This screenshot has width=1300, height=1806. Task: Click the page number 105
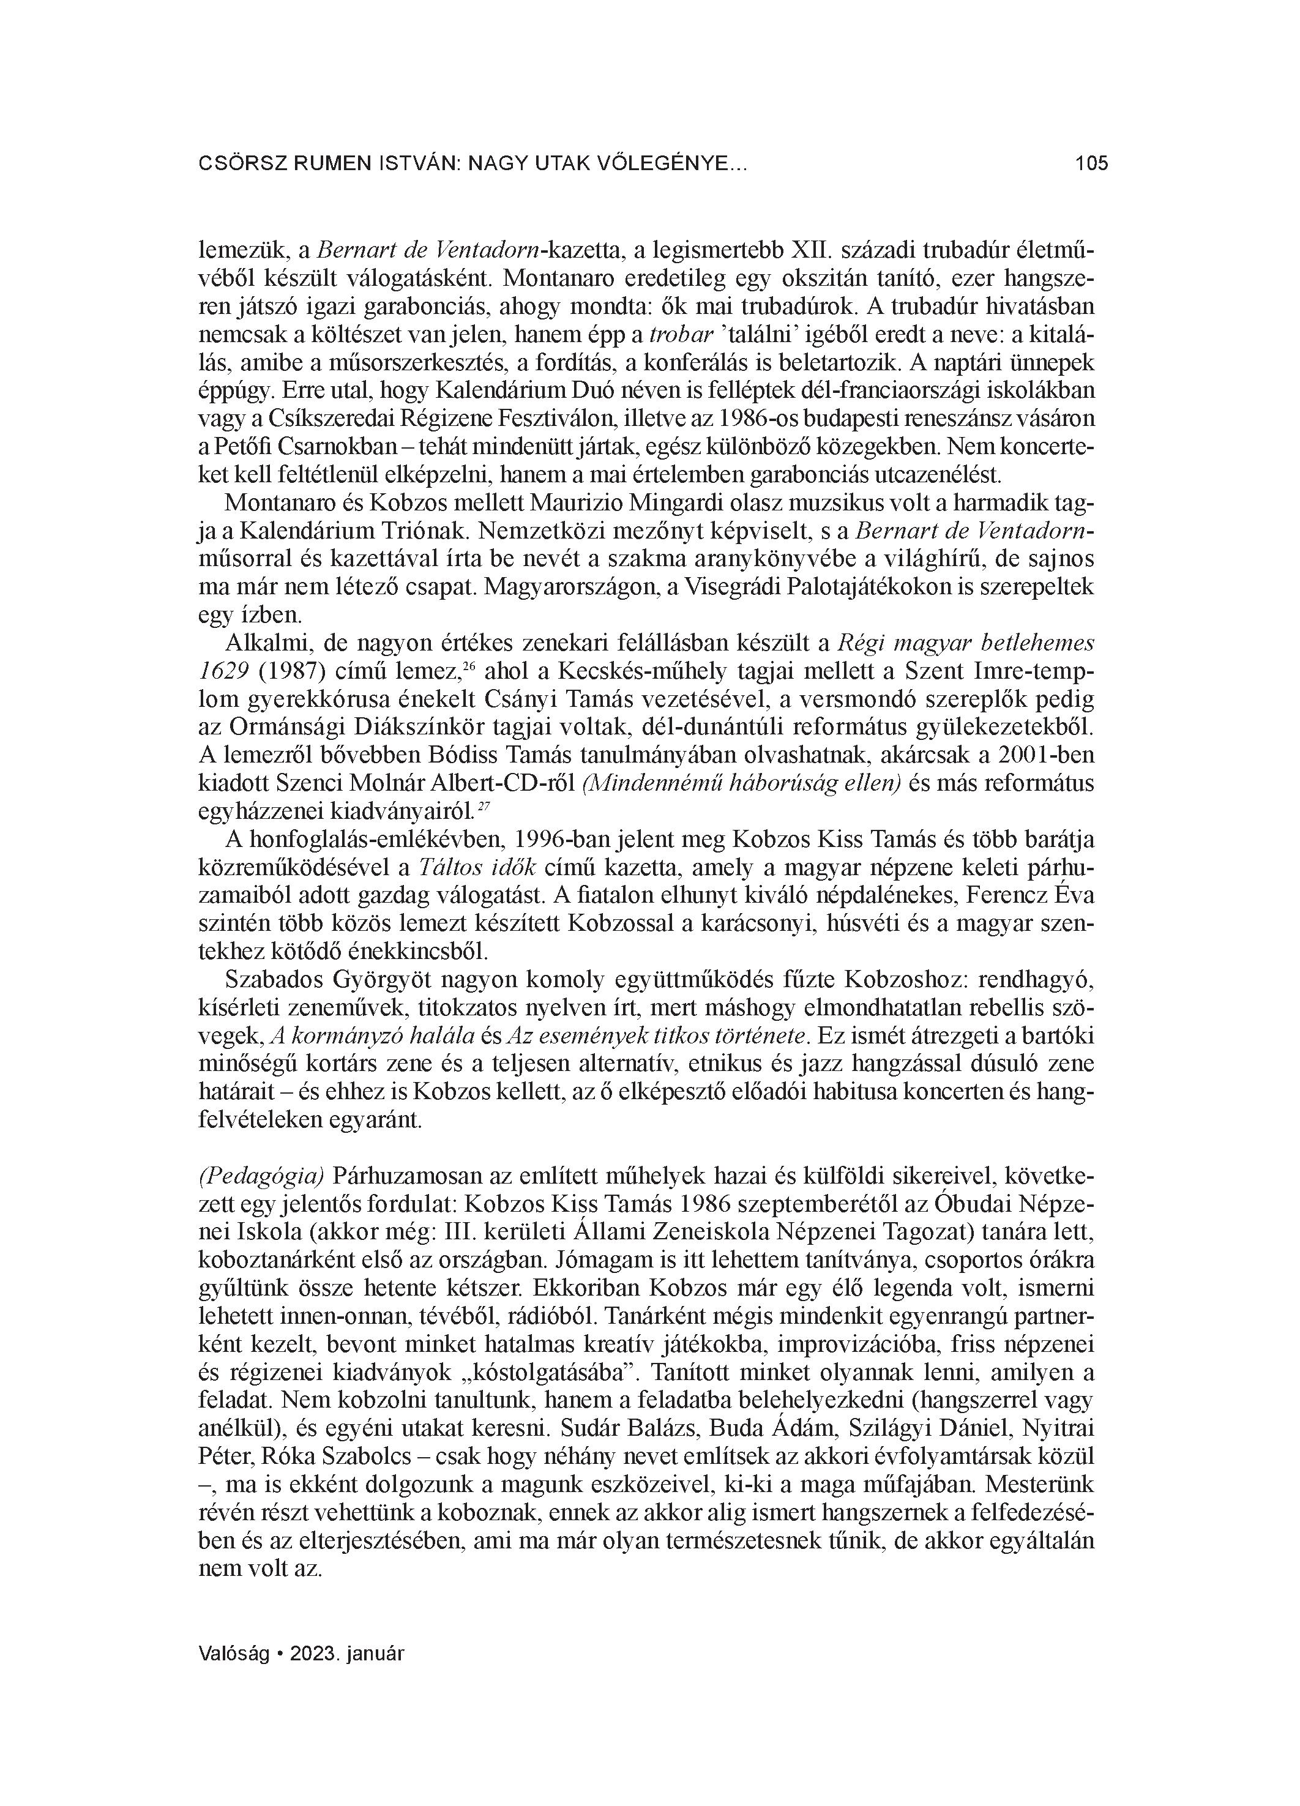[1091, 164]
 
